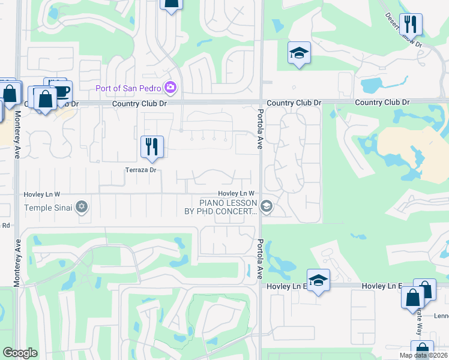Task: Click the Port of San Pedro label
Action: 128,89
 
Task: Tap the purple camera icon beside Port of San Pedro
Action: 170,89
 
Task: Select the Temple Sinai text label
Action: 47,208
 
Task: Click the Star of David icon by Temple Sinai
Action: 82,208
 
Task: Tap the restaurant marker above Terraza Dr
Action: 152,146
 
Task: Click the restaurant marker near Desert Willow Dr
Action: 411,25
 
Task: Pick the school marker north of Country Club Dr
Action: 299,53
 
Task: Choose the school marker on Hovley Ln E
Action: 318,280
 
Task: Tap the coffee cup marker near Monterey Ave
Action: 61,91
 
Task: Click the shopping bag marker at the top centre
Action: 171,4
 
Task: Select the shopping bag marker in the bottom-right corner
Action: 422,350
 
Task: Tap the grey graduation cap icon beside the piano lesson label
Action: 267,208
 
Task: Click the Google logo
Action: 20,353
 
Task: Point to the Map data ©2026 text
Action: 423,355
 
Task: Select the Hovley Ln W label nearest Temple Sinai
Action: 42,194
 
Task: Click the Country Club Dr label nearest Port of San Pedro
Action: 139,104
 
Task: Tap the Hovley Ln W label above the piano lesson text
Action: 237,193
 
